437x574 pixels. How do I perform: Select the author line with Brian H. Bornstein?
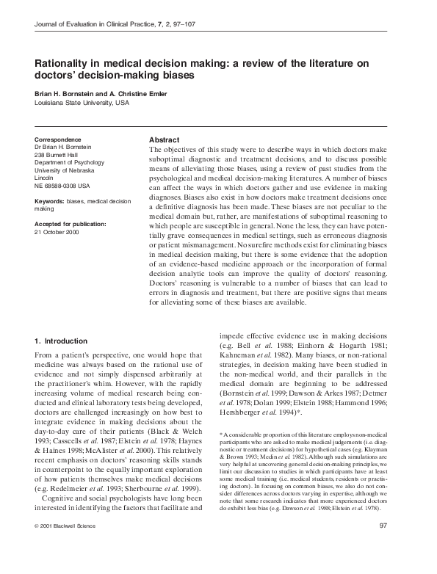(99, 93)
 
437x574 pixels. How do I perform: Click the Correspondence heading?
(60, 139)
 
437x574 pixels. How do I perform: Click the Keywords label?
(50, 201)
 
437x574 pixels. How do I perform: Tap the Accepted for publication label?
(71, 223)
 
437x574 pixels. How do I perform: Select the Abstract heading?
(164, 139)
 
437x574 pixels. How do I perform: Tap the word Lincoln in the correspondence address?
(44, 178)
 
